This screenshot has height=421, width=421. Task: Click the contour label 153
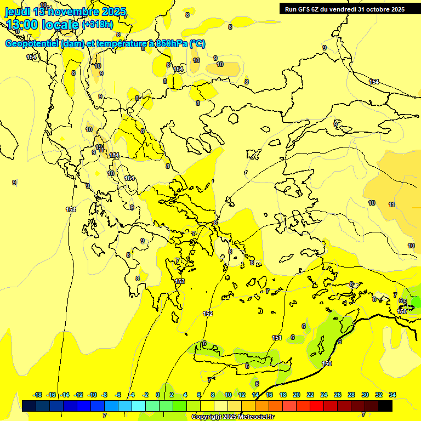tap(180, 281)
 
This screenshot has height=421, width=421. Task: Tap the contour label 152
tap(208, 314)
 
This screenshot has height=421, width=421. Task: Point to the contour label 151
tap(277, 338)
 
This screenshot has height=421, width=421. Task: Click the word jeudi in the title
tap(18, 12)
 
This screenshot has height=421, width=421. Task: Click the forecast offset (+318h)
tap(98, 25)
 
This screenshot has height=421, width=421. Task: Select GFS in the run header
tap(306, 9)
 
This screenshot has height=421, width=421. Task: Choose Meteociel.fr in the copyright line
tap(253, 417)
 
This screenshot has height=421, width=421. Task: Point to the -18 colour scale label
tap(37, 395)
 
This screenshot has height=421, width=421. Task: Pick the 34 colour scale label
tap(392, 395)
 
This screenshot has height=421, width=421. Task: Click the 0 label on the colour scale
tap(158, 395)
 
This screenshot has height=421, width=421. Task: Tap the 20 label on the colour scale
tap(297, 395)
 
